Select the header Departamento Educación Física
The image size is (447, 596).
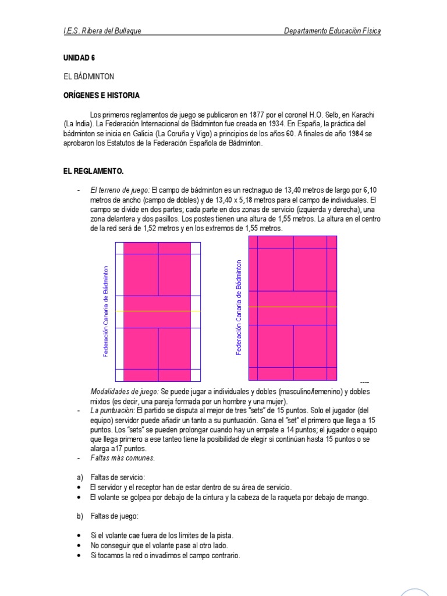click(332, 31)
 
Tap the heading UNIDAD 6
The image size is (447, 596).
click(79, 58)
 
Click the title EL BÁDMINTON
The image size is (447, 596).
click(88, 76)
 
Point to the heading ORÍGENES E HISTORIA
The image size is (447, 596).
click(101, 95)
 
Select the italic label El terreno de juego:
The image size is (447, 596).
click(120, 190)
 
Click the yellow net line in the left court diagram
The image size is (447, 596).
click(158, 311)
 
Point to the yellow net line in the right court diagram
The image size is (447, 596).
click(293, 307)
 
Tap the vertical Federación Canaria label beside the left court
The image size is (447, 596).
click(105, 311)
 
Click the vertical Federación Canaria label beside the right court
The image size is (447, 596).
click(239, 307)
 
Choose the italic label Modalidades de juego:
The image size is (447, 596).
click(125, 391)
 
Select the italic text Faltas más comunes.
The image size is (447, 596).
click(122, 458)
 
